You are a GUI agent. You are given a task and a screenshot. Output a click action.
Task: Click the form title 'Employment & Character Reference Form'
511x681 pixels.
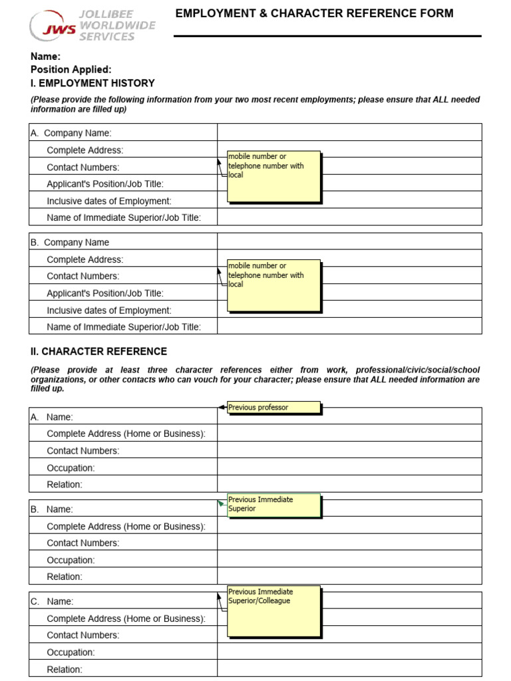point(314,13)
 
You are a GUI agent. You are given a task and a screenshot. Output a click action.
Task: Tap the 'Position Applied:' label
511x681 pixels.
point(71,70)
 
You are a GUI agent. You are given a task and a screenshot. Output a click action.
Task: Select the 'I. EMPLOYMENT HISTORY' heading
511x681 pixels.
point(92,83)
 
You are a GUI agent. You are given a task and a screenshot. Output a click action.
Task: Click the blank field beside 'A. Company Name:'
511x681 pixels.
point(349,132)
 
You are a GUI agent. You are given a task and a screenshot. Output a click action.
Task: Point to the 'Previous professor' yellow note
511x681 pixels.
point(273,408)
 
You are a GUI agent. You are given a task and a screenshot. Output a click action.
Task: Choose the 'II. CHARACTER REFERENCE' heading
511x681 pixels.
point(98,351)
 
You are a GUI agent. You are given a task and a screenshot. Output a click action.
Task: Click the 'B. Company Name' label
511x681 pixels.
point(70,242)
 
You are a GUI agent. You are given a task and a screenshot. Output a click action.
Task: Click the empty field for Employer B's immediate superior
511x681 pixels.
point(349,326)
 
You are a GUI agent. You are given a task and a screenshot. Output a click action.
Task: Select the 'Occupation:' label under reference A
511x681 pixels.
point(71,468)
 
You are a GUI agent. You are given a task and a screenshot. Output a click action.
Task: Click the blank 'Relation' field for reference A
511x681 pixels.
point(349,484)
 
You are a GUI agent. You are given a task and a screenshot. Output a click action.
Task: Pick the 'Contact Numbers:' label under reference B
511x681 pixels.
point(83,543)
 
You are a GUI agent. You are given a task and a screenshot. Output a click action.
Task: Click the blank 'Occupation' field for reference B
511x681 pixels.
point(349,559)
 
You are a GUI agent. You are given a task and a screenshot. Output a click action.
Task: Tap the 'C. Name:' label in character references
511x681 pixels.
point(52,601)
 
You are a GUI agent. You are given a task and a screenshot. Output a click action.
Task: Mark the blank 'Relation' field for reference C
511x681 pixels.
point(349,669)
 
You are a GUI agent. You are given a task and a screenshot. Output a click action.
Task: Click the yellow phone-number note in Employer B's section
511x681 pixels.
point(273,285)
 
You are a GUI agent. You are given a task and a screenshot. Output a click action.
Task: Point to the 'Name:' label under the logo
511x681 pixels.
point(45,57)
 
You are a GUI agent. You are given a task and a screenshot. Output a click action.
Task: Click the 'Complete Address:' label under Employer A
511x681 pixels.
point(85,150)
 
